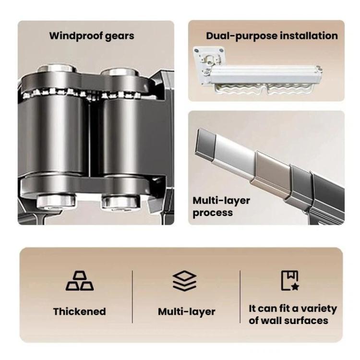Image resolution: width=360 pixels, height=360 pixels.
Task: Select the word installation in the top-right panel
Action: (x=309, y=36)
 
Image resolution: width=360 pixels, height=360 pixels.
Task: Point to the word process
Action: (x=213, y=213)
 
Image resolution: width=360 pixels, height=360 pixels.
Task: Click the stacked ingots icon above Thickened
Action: (x=80, y=281)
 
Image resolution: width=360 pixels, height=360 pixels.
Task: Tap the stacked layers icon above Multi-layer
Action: (x=184, y=281)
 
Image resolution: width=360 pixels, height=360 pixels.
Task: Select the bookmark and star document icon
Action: (x=290, y=281)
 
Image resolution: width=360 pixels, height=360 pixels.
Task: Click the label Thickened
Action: (x=79, y=312)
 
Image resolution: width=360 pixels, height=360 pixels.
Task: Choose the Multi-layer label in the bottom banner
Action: (x=186, y=312)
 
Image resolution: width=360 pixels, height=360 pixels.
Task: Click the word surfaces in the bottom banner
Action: (x=306, y=321)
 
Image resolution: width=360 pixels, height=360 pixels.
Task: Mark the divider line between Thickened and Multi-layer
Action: (x=132, y=297)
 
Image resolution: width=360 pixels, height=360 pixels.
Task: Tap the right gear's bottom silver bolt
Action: (x=120, y=202)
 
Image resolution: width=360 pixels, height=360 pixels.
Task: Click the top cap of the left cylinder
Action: (x=57, y=68)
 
